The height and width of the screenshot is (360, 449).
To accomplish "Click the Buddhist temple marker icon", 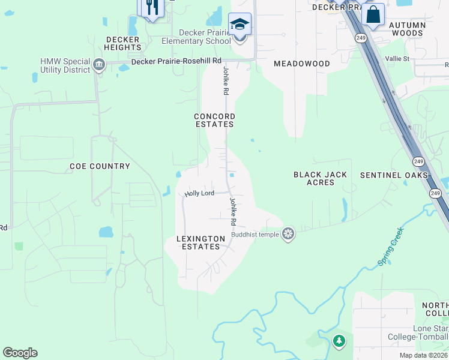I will click(x=289, y=234).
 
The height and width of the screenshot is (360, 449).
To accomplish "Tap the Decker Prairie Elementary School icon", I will click(x=240, y=25).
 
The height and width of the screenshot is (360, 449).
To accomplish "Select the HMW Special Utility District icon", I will click(x=99, y=64).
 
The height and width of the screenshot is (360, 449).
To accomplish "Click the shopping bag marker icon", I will click(x=373, y=14).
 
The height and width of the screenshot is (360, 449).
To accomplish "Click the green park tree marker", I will click(x=339, y=341).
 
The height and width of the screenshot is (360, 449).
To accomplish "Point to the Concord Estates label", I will click(x=214, y=120).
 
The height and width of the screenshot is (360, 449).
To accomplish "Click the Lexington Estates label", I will click(x=200, y=242).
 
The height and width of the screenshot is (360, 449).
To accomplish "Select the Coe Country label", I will click(x=100, y=166).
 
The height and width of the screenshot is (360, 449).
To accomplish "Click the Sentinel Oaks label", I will click(x=394, y=175).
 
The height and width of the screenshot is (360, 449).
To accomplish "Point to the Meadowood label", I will click(x=302, y=64).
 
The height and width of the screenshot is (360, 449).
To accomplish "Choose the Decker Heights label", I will click(x=122, y=43).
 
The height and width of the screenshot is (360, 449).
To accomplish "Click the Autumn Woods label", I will click(x=408, y=29).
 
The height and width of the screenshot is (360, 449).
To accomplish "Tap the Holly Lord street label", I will click(x=199, y=193).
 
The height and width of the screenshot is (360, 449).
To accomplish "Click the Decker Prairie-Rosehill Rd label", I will click(x=176, y=61).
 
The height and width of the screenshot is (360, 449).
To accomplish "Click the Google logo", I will click(x=20, y=353).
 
